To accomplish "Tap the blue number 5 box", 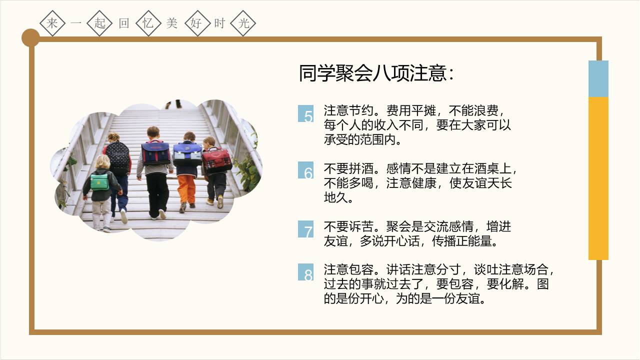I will point(306,113).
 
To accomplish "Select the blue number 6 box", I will point(306,170).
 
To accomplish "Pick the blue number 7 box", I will point(306,229).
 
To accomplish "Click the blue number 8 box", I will point(306,272).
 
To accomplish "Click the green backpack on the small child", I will point(99,181).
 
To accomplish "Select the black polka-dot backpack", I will point(117,155).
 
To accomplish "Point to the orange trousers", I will point(186,188).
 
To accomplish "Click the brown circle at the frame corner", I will point(30,37).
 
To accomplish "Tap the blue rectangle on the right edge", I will point(598,78).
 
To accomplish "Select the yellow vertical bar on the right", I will point(598,178).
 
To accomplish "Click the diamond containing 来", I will point(52,23).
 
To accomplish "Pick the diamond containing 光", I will point(243,23).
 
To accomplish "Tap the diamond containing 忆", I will point(148,23).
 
